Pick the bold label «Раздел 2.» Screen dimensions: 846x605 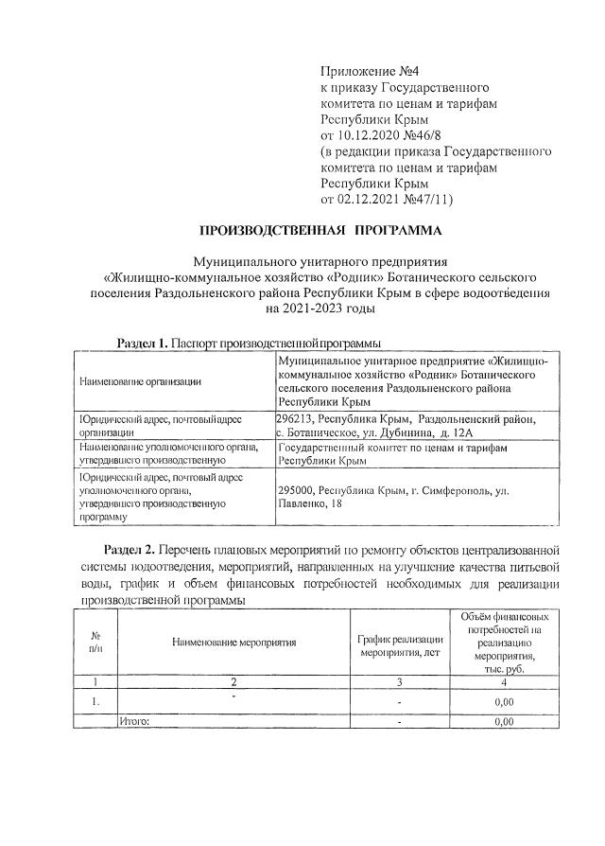pos(130,550)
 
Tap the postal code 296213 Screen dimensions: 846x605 pos(295,419)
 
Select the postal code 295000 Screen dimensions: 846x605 pos(296,493)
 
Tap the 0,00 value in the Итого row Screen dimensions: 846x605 pos(504,721)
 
